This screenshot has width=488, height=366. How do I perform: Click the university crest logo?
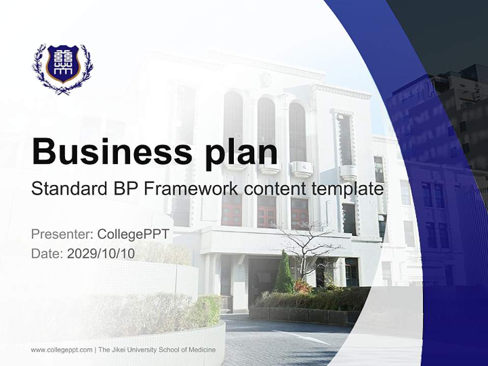tap(63, 69)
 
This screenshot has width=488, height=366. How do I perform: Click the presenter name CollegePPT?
tap(133, 234)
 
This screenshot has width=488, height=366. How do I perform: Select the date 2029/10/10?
tap(101, 253)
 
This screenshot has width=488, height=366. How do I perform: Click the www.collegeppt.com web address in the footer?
tap(62, 350)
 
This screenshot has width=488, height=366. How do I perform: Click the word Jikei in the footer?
tap(118, 350)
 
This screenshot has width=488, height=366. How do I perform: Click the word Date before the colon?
tap(45, 253)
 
